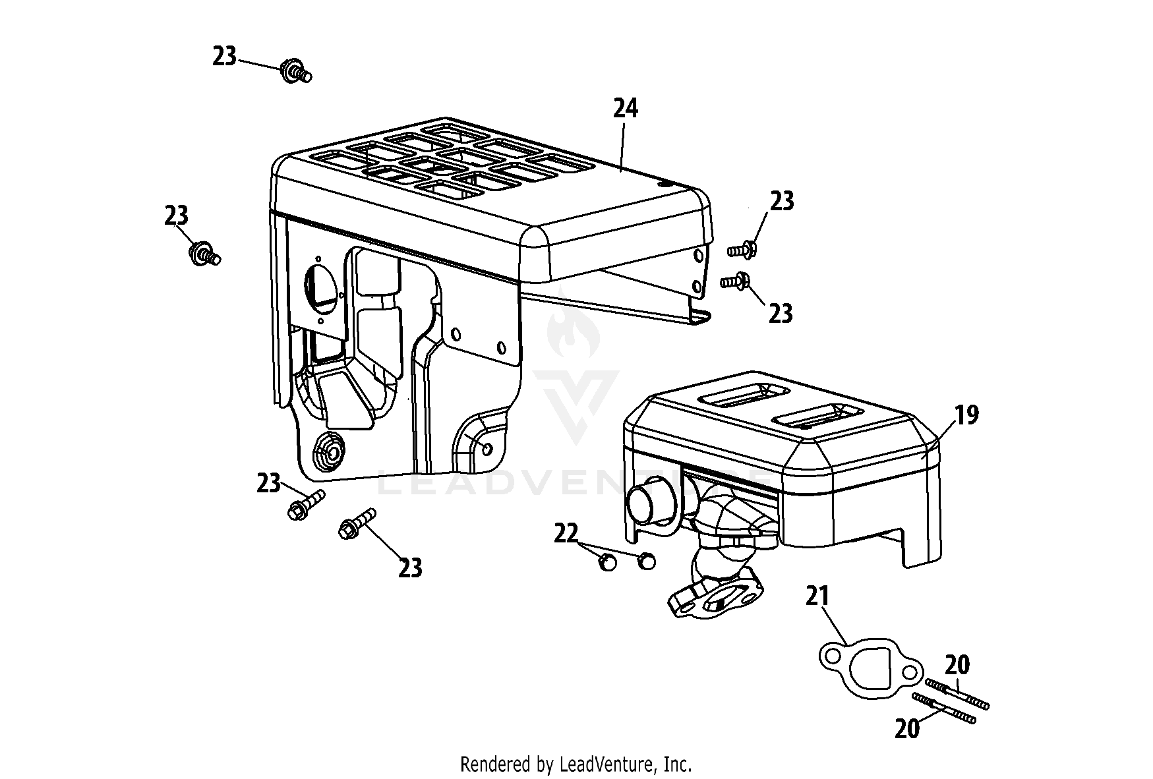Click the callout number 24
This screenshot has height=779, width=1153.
click(x=626, y=108)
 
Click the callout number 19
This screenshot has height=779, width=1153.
click(x=967, y=415)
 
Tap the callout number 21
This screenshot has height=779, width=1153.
click(x=817, y=596)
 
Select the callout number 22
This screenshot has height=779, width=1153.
click(x=566, y=533)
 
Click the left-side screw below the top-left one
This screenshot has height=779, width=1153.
click(x=204, y=254)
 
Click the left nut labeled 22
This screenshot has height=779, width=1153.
click(x=607, y=562)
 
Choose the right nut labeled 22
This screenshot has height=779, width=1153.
click(x=647, y=560)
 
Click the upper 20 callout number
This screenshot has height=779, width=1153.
click(x=957, y=665)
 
